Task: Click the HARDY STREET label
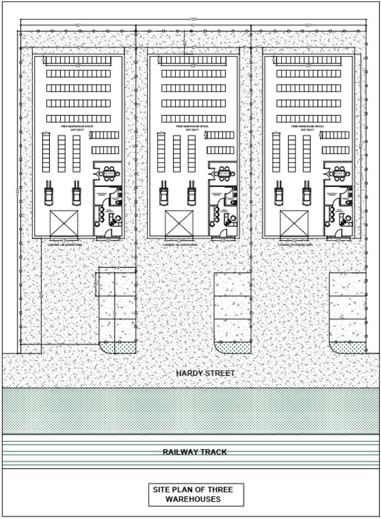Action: coord(205,373)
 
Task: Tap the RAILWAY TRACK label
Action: coord(195,452)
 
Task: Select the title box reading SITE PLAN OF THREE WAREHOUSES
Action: coord(196,495)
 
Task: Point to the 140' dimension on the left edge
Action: coord(18,193)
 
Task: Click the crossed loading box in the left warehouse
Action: coord(64,223)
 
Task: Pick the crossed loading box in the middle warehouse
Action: coord(179,223)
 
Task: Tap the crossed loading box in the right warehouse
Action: coord(294,223)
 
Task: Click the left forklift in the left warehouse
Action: coord(49,194)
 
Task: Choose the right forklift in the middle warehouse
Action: coord(192,194)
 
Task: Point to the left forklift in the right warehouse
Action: coord(279,194)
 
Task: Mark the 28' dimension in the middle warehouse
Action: coord(193,66)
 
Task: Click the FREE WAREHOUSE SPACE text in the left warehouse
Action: coord(77,126)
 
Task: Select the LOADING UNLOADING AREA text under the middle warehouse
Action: coord(180,245)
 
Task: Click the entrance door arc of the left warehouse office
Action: coord(108,233)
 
